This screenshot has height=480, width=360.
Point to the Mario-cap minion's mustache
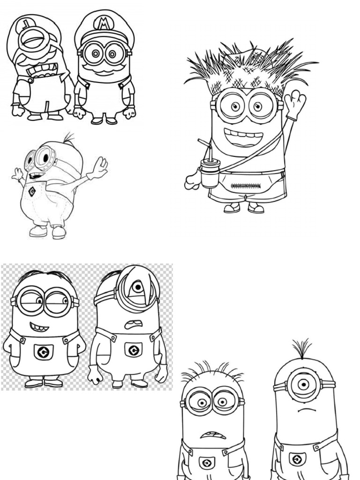point(104,69)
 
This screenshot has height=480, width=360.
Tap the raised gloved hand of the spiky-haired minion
point(294,104)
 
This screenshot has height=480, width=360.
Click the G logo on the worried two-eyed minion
point(207,464)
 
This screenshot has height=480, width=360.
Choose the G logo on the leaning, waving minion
point(32,191)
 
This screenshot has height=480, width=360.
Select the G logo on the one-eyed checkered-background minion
point(133,350)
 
